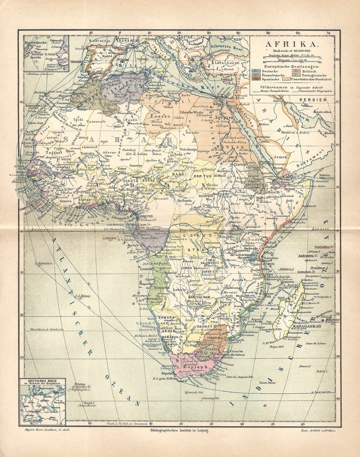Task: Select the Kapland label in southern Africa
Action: pos(195,367)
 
